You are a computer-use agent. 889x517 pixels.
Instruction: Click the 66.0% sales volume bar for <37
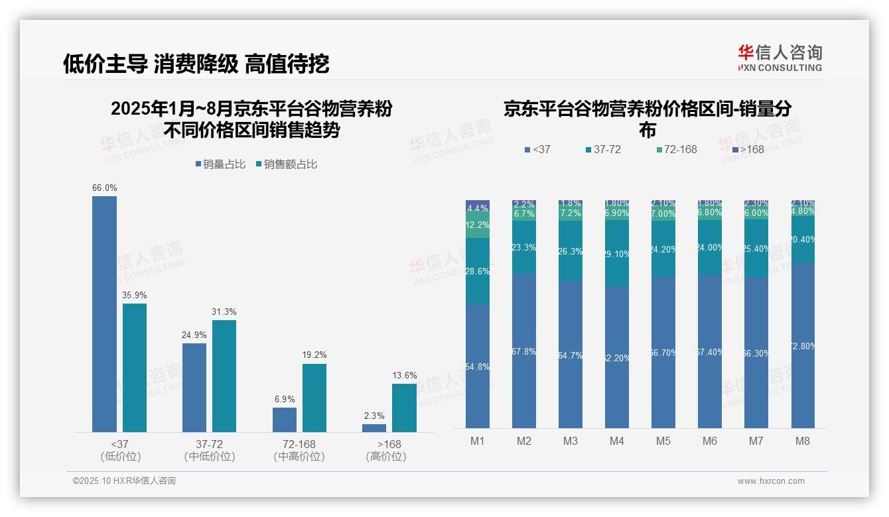[x=104, y=314]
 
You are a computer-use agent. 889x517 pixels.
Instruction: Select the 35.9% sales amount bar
[x=135, y=368]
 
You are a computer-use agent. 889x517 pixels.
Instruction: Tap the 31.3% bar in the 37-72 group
[x=224, y=376]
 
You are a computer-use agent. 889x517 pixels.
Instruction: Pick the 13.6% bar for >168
[x=404, y=408]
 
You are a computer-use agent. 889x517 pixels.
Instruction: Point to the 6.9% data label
[x=284, y=400]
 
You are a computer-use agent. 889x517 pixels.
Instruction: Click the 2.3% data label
[x=374, y=416]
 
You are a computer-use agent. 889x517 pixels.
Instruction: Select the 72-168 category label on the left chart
[x=299, y=444]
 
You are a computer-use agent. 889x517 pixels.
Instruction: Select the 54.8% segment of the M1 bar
[x=478, y=366]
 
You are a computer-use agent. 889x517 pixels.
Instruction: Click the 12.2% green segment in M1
[x=478, y=225]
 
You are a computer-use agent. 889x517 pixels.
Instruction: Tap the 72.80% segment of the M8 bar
[x=803, y=345]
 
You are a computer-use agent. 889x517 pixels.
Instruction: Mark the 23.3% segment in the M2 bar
[x=524, y=247]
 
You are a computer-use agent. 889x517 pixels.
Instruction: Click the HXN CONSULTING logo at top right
[x=780, y=58]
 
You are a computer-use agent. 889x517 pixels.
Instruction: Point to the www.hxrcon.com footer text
[x=771, y=481]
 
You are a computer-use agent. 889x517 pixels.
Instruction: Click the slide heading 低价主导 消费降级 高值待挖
[x=196, y=64]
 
